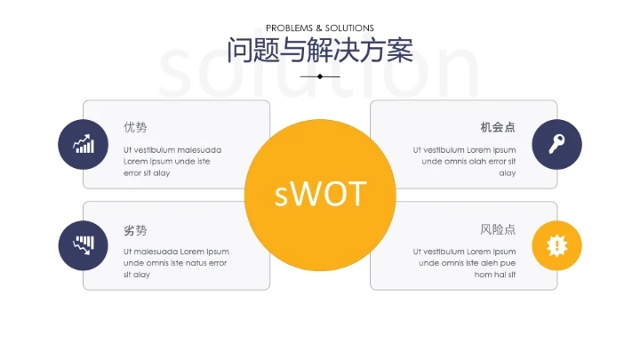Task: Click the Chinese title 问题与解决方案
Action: [320, 50]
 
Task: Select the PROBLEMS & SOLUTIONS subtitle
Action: [320, 28]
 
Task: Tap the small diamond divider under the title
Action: [320, 76]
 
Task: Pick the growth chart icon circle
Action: [84, 144]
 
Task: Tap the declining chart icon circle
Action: [84, 245]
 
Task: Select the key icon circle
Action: [556, 144]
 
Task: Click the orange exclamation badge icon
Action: [556, 245]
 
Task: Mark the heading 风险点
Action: [498, 229]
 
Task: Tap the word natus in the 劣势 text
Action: [193, 263]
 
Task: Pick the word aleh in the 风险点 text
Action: [484, 263]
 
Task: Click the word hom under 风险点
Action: [483, 275]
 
